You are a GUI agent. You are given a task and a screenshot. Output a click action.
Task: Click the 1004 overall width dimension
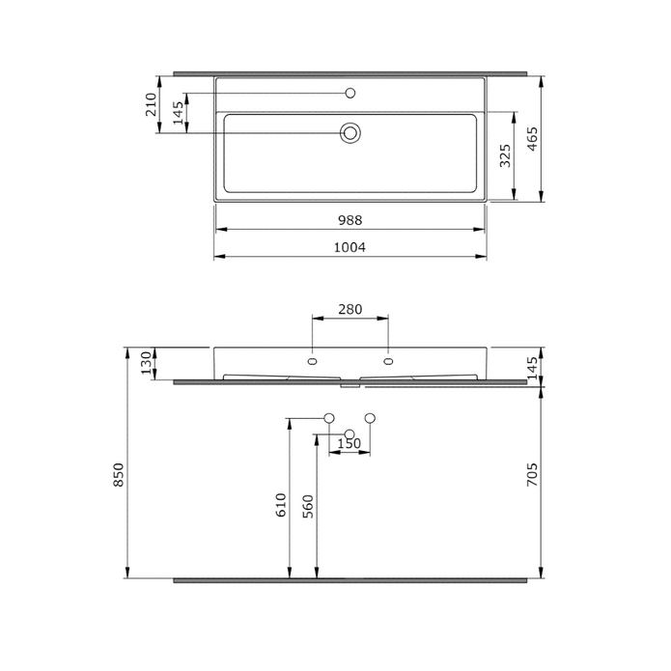tap(349, 247)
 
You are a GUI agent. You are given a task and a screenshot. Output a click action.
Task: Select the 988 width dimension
tap(349, 220)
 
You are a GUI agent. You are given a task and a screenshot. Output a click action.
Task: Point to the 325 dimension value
tap(505, 155)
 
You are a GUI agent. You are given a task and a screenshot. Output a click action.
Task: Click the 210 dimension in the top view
tap(152, 104)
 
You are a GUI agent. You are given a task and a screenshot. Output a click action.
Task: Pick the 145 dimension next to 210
tap(178, 114)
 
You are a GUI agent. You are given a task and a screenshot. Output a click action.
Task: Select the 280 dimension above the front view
tap(349, 309)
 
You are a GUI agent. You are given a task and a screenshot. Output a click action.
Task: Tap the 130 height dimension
tap(147, 363)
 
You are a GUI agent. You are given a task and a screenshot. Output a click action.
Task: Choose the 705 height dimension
tap(533, 477)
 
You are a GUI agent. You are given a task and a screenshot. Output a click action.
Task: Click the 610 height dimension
tap(281, 505)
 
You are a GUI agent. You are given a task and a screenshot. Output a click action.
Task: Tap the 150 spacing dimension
tap(349, 444)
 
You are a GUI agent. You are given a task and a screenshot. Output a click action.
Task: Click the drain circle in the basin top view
tap(350, 132)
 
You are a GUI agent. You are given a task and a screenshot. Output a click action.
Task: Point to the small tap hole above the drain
tap(350, 93)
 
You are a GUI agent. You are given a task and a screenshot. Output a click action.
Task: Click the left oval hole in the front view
tap(312, 362)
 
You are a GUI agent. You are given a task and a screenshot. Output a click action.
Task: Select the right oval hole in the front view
tap(388, 362)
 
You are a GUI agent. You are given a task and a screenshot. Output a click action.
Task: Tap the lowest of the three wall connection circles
tap(349, 434)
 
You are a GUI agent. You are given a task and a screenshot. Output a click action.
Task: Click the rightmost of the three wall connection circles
tap(370, 418)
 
